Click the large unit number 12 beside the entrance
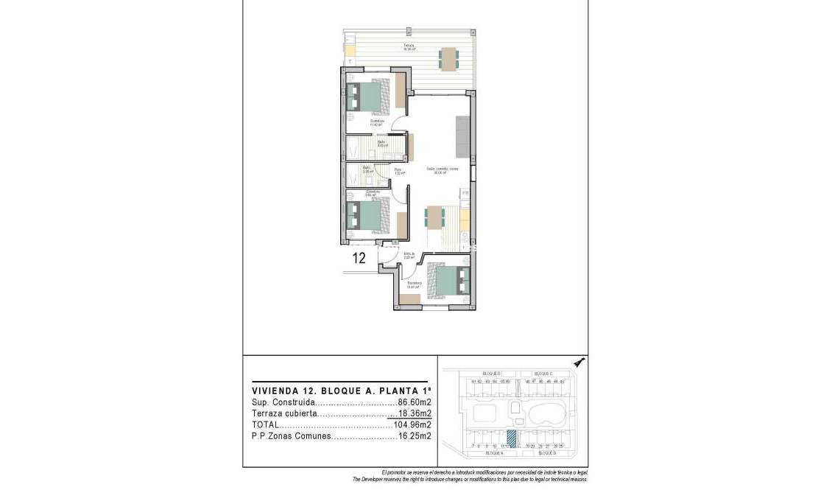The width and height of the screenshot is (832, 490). pos(360,258)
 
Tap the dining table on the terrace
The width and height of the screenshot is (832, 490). pos(448,58)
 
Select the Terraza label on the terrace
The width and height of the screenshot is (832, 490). pos(408,46)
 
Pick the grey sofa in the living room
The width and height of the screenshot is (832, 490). pos(462,137)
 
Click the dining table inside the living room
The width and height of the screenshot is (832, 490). pos(434,217)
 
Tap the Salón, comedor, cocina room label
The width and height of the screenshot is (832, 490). pos(443,169)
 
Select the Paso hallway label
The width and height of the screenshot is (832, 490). pos(398,170)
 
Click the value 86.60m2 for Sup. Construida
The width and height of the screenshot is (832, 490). pos(414,402)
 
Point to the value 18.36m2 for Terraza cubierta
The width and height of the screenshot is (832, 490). pos(414,413)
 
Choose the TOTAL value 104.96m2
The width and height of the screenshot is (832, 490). pos(412,424)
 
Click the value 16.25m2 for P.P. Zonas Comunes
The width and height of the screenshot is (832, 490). pos(414,435)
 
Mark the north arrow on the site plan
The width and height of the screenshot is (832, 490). pos(579,362)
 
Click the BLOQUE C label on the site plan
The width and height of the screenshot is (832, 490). pos(543,374)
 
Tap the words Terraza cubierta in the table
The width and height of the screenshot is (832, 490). pos(283,413)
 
